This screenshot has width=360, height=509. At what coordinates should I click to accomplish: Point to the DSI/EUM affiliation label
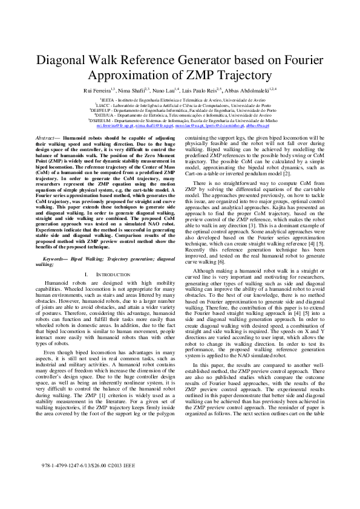[98, 121]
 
